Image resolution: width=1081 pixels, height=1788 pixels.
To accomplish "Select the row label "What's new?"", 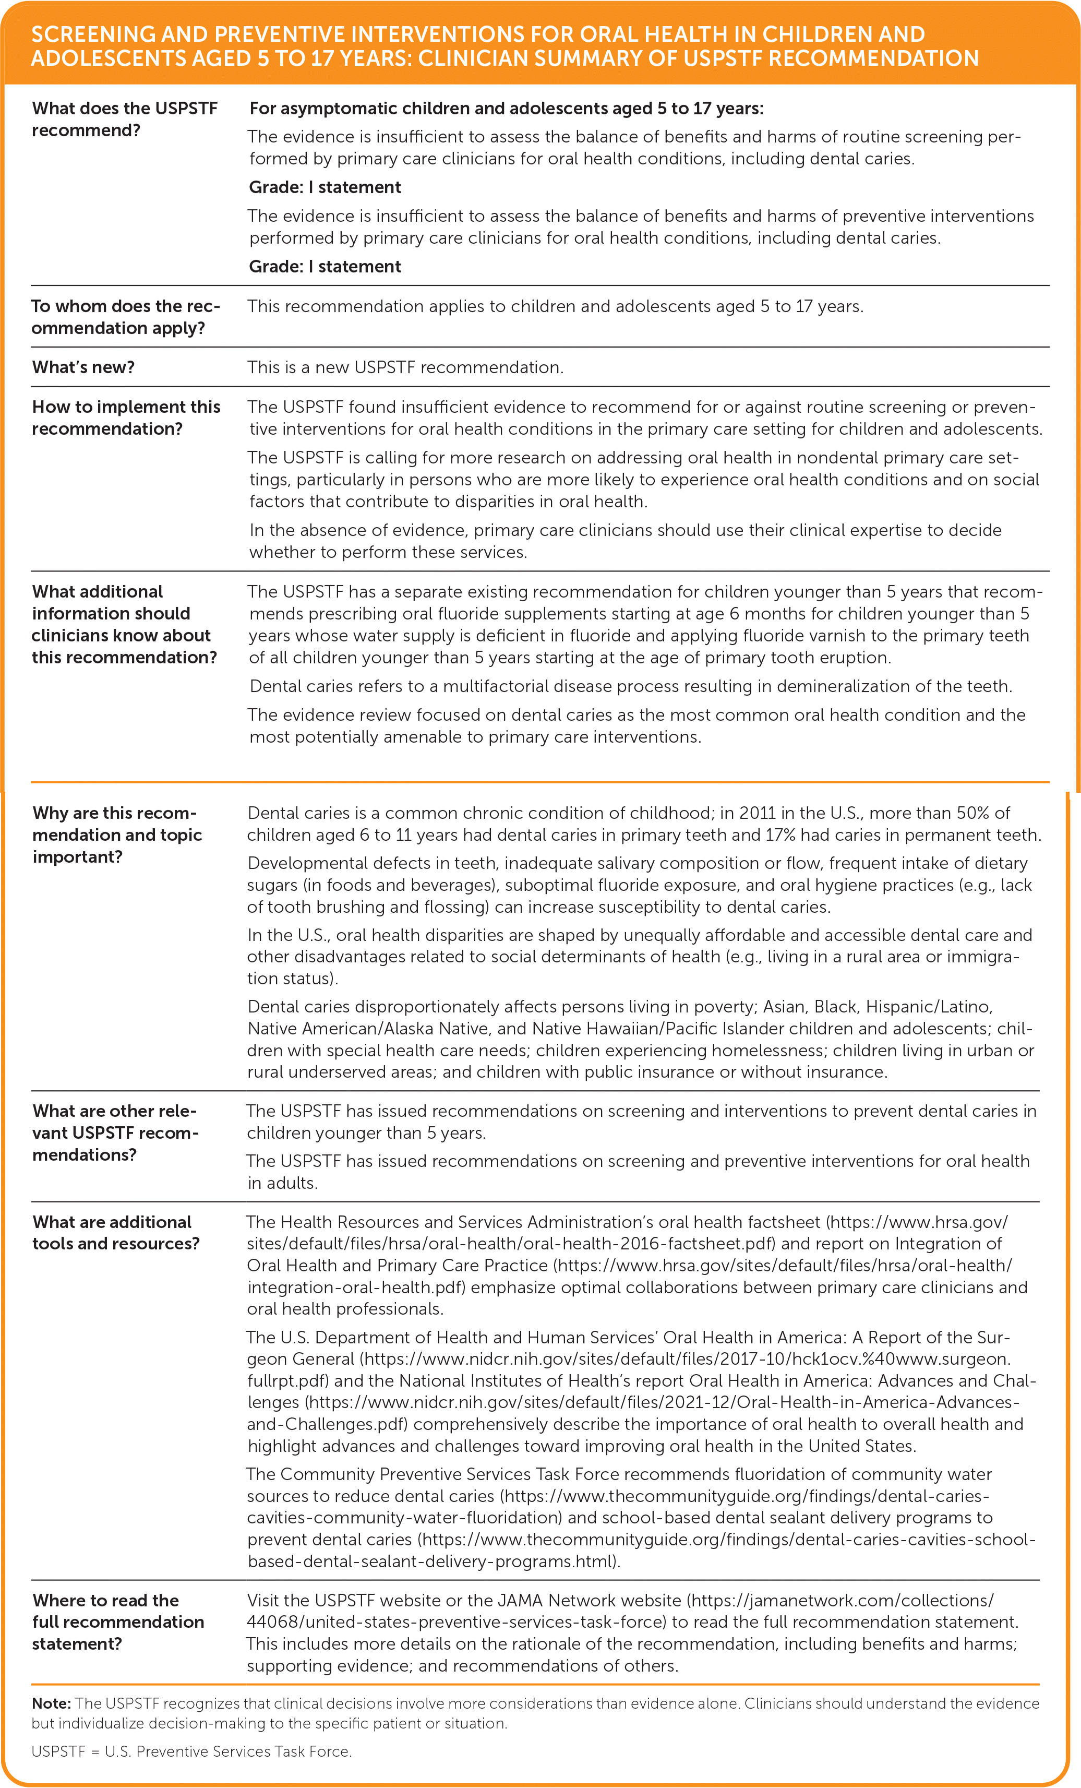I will tap(83, 367).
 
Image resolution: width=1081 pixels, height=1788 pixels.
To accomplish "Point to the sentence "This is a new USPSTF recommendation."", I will tap(405, 367).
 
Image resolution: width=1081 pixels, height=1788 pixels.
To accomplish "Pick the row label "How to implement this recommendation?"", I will tap(126, 418).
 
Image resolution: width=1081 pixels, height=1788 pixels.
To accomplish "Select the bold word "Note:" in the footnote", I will tap(51, 1703).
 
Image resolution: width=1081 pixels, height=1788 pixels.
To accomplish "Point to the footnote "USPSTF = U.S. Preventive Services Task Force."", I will tap(191, 1751).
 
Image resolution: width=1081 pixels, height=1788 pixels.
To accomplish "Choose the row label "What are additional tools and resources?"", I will tap(115, 1232).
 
